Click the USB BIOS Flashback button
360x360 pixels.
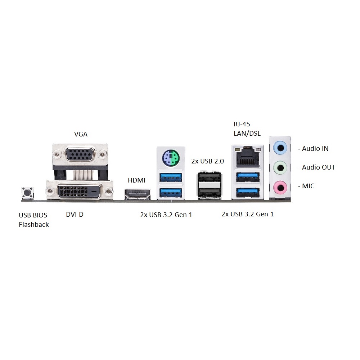click(28, 192)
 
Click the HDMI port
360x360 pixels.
click(137, 194)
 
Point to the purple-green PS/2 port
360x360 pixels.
click(171, 158)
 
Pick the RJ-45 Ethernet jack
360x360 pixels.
click(248, 158)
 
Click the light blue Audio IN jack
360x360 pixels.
click(280, 148)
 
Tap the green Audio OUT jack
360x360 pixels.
click(280, 168)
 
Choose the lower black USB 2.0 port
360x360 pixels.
click(210, 192)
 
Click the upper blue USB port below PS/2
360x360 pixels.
click(171, 177)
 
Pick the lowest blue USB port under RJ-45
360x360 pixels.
click(248, 192)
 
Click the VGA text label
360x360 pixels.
click(81, 134)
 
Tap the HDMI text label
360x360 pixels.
click(136, 180)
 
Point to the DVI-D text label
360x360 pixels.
click(75, 215)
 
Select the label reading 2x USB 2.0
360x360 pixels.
click(208, 161)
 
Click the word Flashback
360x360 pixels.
click(34, 224)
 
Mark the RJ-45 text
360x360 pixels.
click(242, 124)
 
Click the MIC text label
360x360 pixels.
click(308, 186)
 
